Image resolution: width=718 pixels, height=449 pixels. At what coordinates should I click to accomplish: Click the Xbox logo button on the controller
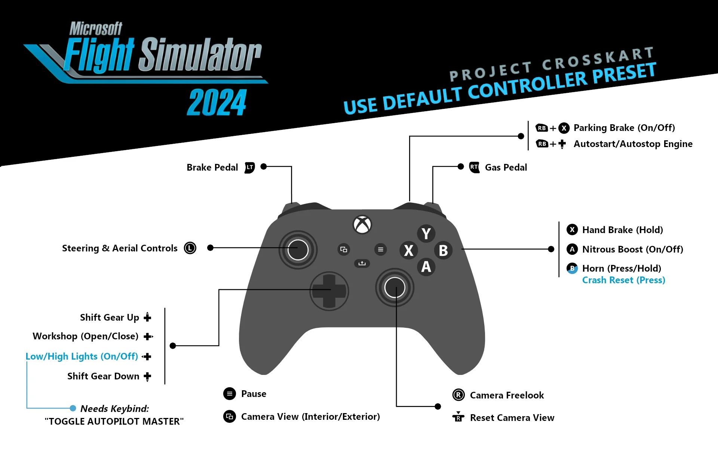click(x=362, y=224)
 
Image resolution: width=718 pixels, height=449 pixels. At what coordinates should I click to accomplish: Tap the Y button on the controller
click(x=426, y=234)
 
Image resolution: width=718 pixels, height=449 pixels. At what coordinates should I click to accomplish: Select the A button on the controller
click(x=426, y=267)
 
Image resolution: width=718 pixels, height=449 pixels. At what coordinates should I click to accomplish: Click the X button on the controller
click(x=409, y=250)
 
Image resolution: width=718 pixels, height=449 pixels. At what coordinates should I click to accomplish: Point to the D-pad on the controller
click(x=329, y=291)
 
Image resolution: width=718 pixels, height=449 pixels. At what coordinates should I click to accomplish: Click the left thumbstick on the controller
click(x=298, y=250)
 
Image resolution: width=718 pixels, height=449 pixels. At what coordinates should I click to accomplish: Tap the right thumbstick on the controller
click(x=395, y=287)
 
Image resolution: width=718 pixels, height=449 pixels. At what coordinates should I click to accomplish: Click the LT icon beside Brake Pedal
click(x=250, y=168)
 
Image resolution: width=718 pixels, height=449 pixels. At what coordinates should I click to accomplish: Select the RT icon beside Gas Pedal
click(x=474, y=167)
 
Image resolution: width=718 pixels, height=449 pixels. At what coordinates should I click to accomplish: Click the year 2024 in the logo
click(x=217, y=102)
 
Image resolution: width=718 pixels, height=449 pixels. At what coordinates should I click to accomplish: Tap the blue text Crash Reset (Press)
click(x=624, y=280)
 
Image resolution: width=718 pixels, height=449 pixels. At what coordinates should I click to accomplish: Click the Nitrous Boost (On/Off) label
click(x=633, y=249)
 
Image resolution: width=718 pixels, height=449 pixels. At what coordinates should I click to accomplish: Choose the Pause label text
click(x=254, y=394)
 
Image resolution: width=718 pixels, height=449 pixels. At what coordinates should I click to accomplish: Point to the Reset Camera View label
click(x=512, y=418)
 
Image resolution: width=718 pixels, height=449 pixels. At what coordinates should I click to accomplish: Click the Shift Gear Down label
click(x=103, y=376)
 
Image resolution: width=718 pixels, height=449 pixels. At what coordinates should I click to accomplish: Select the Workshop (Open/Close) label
click(x=86, y=336)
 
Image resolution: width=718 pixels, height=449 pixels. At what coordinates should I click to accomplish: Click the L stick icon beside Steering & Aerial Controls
click(x=190, y=248)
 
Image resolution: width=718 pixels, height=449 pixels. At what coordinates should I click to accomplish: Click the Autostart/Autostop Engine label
click(x=633, y=144)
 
